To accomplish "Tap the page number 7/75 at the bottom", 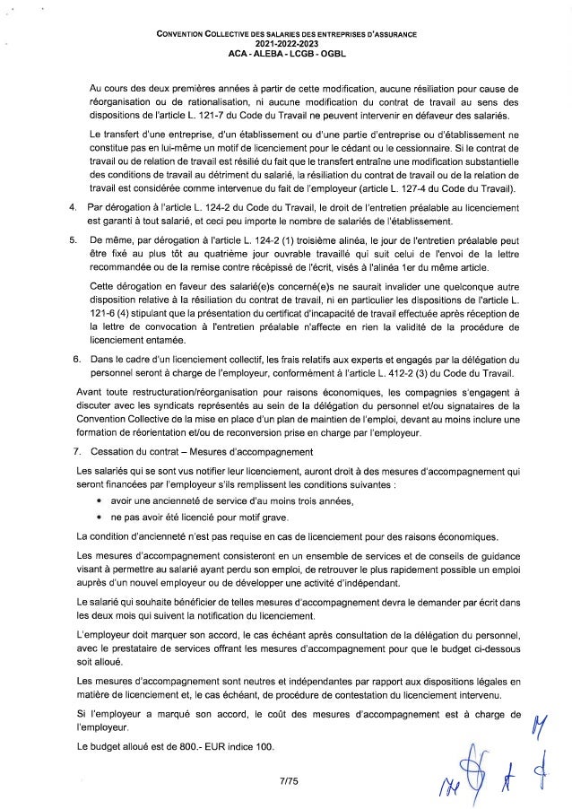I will [x=287, y=781].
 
